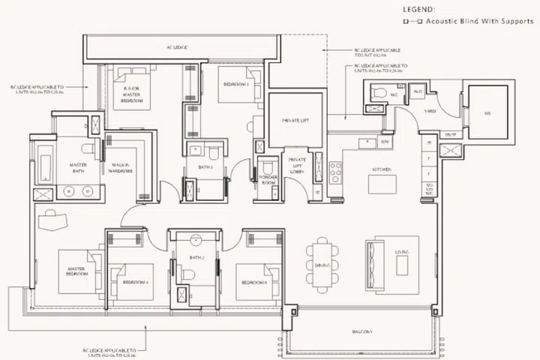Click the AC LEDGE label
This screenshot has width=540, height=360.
(x=177, y=47)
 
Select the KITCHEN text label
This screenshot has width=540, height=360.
(x=379, y=170)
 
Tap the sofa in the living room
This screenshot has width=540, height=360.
(x=376, y=262)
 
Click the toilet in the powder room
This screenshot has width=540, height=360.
(x=268, y=167)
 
